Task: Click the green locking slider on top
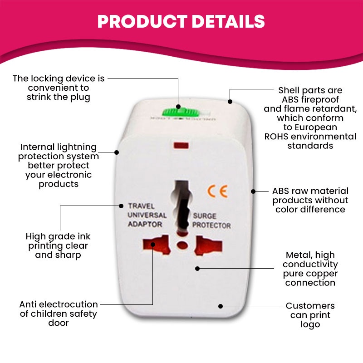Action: tap(178, 111)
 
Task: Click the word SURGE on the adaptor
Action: tap(204, 216)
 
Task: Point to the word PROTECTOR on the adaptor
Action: tap(211, 226)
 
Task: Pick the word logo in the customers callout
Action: tap(310, 324)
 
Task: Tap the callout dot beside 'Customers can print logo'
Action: tap(221, 306)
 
